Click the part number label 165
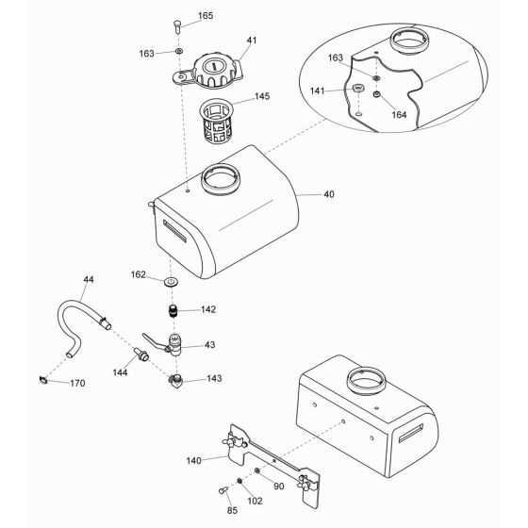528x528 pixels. point(206,15)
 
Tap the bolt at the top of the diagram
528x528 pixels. point(177,26)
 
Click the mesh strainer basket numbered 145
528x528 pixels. point(217,121)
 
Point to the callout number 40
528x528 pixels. point(329,194)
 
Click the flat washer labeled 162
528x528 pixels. point(171,282)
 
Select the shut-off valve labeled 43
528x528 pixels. point(165,344)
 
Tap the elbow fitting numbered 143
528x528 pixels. point(175,382)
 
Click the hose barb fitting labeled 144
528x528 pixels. point(141,355)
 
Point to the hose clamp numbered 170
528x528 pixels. point(42,380)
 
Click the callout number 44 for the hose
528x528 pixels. point(89,279)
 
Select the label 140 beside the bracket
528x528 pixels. point(194,460)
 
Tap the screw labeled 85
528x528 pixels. point(223,490)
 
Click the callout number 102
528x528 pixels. point(255,501)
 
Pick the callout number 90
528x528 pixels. point(279,487)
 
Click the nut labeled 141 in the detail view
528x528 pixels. point(359,89)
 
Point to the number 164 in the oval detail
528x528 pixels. point(400,115)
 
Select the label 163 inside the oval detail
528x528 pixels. point(336,58)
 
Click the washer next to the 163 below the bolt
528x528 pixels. point(179,51)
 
